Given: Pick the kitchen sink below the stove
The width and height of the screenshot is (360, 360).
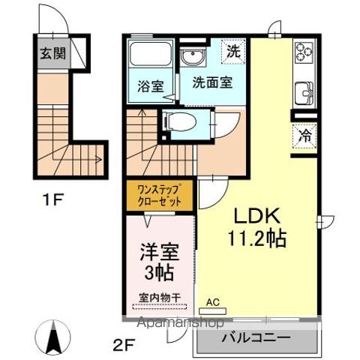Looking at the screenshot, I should pyautogui.click(x=304, y=94).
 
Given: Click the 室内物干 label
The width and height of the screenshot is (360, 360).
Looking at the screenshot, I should pyautogui.click(x=159, y=298).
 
